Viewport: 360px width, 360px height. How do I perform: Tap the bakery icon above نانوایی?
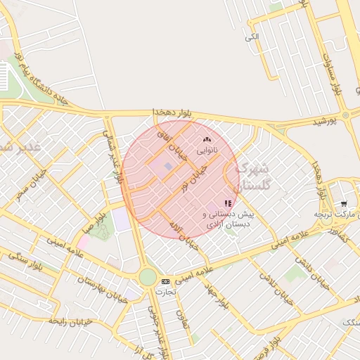tap(207, 141)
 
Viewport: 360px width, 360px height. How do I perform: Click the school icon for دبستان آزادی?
tap(227, 202)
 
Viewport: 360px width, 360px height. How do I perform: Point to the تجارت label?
tap(165, 291)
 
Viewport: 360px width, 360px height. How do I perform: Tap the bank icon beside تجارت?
tap(165, 281)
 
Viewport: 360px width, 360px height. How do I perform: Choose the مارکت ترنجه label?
tap(331, 212)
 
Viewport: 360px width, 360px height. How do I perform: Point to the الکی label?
tap(252, 36)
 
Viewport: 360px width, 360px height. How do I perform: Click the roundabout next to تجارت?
tap(148, 277)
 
